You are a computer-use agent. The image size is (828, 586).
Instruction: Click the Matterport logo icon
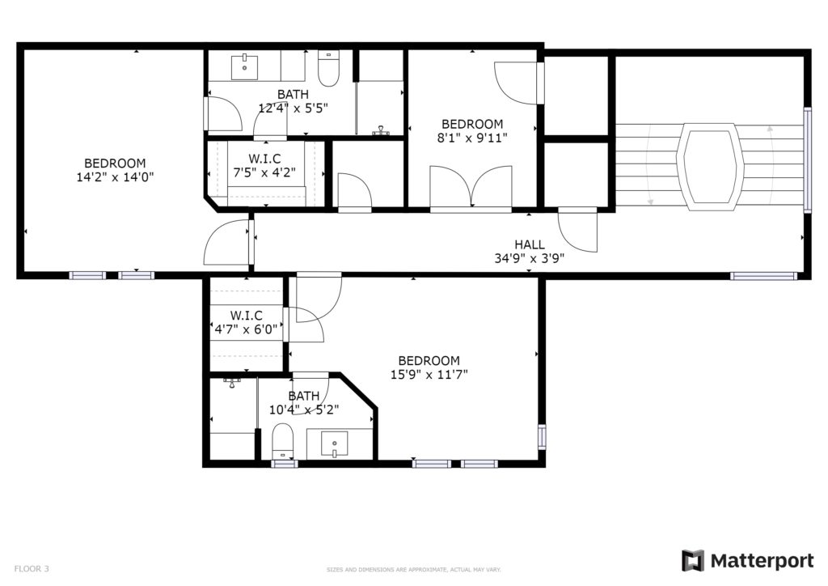click(693, 561)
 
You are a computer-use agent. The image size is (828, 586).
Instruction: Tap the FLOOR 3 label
click(32, 569)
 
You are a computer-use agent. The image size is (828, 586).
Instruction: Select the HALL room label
click(529, 244)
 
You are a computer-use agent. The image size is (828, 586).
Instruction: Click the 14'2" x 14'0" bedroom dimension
click(115, 177)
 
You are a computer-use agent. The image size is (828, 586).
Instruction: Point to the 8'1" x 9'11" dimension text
click(472, 138)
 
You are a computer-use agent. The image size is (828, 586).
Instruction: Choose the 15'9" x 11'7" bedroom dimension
click(429, 375)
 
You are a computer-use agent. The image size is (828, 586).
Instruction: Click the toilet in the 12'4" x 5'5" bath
click(328, 69)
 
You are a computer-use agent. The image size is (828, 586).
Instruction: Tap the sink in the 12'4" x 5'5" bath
click(244, 66)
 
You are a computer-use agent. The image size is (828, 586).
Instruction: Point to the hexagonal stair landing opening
click(710, 167)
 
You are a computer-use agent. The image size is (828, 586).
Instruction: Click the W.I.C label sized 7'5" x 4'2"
click(264, 159)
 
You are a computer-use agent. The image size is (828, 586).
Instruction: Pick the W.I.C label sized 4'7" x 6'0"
click(246, 316)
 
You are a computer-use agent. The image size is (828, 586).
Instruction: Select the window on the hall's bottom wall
click(763, 276)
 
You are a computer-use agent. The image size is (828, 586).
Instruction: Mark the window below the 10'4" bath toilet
click(285, 464)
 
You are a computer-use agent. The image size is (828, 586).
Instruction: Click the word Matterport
click(762, 561)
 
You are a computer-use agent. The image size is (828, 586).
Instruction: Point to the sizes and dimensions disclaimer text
click(413, 570)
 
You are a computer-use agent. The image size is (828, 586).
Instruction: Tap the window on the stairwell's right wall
click(807, 160)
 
